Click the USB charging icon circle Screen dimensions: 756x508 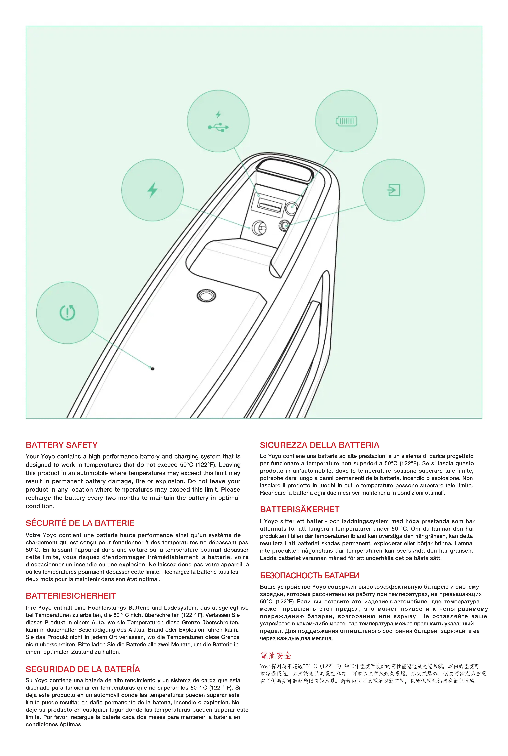[x=218, y=121]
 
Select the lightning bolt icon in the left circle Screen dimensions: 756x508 [x=152, y=190]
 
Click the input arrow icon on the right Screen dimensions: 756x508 [x=394, y=190]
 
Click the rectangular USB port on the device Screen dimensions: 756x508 [x=269, y=206]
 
